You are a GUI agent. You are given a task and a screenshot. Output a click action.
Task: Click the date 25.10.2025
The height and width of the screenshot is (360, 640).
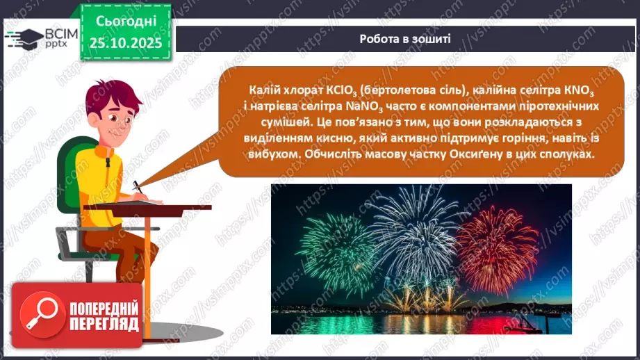(126, 43)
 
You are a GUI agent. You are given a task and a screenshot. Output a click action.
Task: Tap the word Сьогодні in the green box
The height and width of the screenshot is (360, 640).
(126, 22)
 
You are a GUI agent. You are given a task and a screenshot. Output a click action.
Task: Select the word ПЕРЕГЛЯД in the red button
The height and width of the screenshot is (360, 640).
(104, 324)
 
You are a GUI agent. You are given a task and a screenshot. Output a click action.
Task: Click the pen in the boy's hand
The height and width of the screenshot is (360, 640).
(138, 187)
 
